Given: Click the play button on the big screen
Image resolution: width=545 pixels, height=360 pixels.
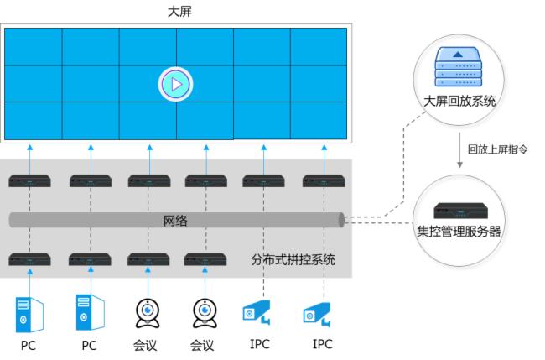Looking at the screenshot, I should [175, 84].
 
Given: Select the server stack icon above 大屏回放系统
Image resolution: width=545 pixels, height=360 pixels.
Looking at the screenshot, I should [459, 68].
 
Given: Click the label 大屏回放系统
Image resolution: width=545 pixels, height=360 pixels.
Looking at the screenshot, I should [459, 102].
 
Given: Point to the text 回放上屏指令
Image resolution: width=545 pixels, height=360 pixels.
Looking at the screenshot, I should [497, 149].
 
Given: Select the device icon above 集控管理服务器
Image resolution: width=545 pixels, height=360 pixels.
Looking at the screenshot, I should [459, 211].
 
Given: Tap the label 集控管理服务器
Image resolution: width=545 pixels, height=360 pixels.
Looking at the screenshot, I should [459, 231].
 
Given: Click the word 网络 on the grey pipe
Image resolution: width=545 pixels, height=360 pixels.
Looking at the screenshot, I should [175, 221].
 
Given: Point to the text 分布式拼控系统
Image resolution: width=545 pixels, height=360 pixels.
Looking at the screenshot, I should [293, 259].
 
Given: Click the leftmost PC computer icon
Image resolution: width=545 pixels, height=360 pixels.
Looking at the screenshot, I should [29, 313].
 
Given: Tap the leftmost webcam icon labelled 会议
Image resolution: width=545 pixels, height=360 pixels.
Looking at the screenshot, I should [147, 312].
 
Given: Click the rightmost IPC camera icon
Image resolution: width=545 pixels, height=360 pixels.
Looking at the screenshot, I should [317, 316].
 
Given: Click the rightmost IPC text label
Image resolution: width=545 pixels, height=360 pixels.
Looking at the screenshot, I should [322, 344].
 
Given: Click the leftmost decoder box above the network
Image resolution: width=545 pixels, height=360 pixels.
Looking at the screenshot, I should [29, 180].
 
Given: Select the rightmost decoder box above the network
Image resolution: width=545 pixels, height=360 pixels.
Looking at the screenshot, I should [324, 180].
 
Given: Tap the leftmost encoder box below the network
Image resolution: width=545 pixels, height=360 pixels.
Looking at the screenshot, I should [29, 259].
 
